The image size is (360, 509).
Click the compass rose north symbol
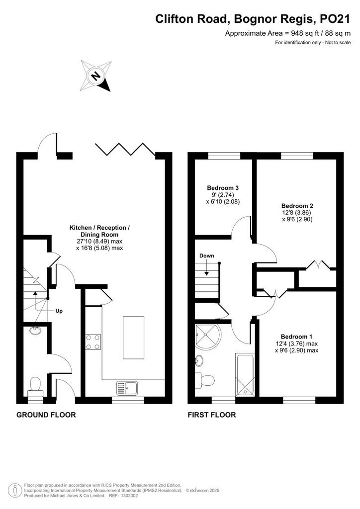point(95,76)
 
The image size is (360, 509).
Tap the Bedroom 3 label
point(223,187)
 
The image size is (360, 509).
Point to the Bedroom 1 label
point(296,337)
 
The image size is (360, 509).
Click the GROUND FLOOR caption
point(46,415)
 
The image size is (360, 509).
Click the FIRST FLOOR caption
point(212,415)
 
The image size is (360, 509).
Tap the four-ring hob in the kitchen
point(93,342)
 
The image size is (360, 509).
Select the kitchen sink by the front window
point(127,388)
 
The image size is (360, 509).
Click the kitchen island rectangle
point(133,338)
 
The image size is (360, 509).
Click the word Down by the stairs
point(207,255)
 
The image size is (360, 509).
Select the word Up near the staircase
point(59,311)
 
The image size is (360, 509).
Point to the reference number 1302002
point(129,496)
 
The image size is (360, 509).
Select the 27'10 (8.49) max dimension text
point(99,241)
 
